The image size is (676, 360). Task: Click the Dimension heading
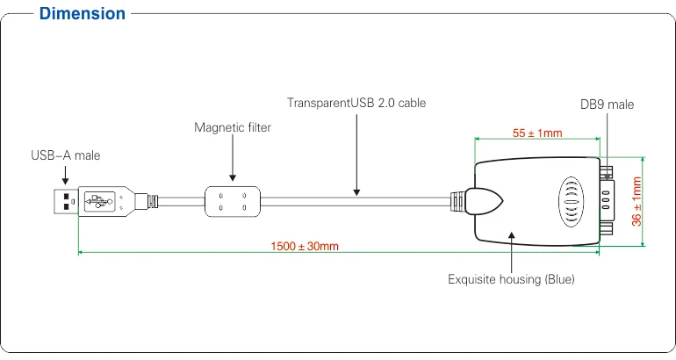83,14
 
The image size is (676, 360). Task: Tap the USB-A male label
66,155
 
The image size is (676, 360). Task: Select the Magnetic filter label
233,127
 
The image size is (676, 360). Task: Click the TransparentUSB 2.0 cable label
356,103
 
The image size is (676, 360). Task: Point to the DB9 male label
607,104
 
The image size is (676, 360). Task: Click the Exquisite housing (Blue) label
511,279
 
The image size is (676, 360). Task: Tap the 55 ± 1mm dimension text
537,133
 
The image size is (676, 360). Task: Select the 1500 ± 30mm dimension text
305,246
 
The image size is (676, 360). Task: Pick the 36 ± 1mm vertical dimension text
636,201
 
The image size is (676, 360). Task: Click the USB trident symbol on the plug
99,201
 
